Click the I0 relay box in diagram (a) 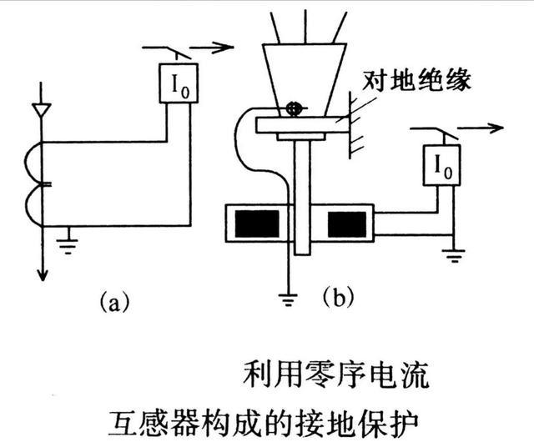(179, 83)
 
